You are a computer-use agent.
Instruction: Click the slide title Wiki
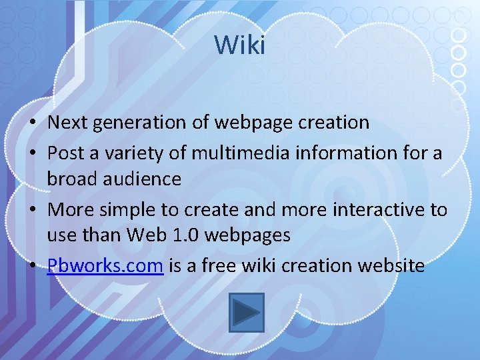point(240,45)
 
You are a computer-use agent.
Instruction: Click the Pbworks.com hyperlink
point(105,266)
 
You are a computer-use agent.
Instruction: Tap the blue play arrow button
point(247,312)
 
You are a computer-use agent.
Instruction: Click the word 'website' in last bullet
point(391,266)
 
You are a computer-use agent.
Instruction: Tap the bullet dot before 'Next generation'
point(33,123)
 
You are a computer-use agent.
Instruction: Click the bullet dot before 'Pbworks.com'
point(33,267)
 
